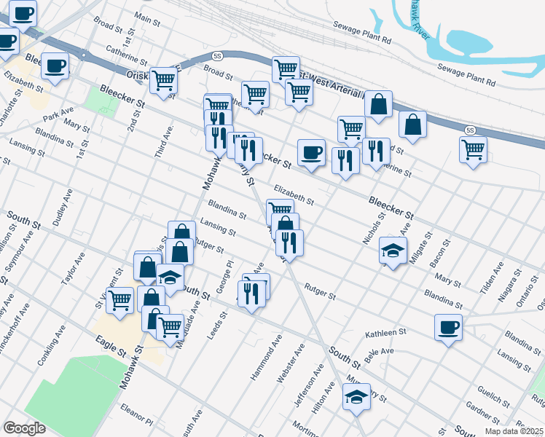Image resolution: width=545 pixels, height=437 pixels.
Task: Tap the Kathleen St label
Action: pyautogui.click(x=385, y=333)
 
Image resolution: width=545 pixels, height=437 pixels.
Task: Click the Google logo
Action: pyautogui.click(x=24, y=428)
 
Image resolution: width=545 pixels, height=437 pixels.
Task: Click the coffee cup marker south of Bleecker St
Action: pyautogui.click(x=311, y=153)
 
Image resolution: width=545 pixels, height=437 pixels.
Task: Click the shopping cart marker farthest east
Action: pyautogui.click(x=474, y=149)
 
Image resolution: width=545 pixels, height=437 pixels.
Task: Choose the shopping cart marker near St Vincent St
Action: pyautogui.click(x=120, y=299)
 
